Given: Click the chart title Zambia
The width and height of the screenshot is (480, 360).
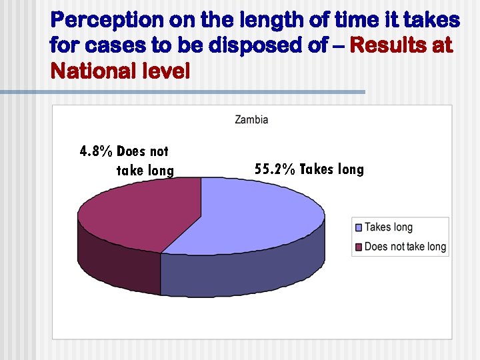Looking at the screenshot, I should point(251,120).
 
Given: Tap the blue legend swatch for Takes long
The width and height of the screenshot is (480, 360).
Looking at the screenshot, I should point(359,228).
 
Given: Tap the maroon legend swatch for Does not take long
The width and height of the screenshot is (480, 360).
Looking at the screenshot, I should point(359,247).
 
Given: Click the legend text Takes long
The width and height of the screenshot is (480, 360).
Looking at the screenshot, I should point(389,228).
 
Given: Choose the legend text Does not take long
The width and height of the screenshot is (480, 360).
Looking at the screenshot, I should point(405,247).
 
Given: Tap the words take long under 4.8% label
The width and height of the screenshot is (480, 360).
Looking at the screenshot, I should point(145,171).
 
